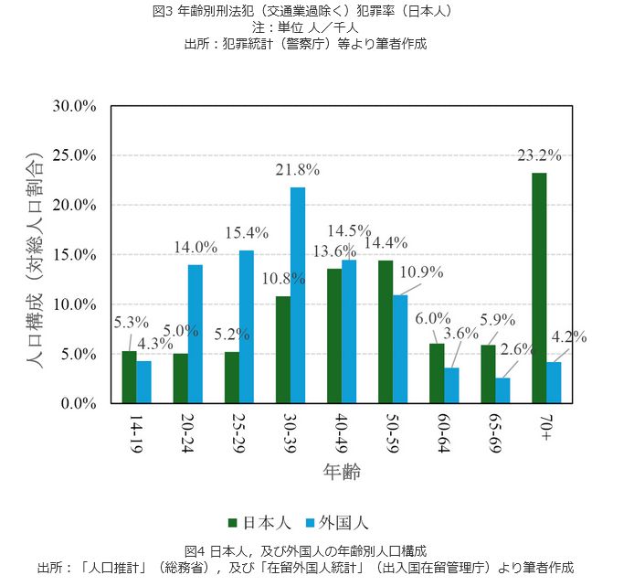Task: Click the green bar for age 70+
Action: [x=540, y=288]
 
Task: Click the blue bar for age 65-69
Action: [x=502, y=390]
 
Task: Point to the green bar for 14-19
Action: [x=130, y=377]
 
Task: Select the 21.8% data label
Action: [x=298, y=170]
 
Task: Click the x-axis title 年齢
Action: [x=341, y=472]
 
